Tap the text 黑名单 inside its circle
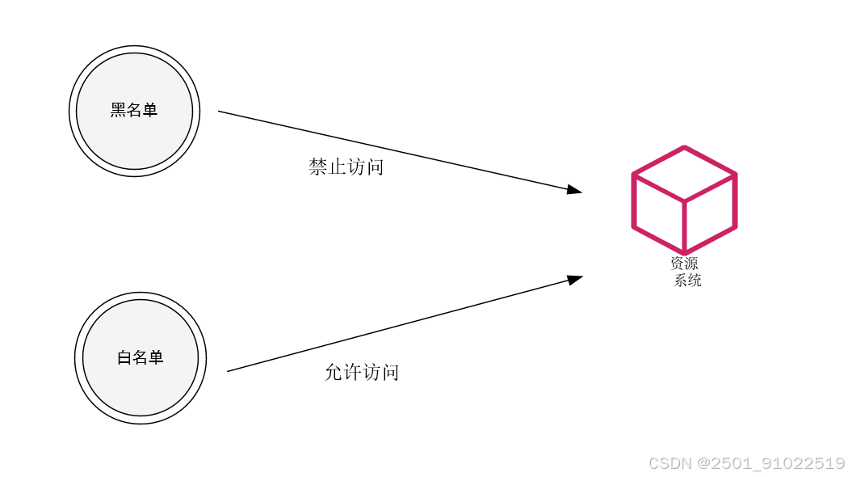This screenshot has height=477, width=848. (x=134, y=110)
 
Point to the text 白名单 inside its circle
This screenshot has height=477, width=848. (x=141, y=357)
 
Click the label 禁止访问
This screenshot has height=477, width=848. (x=346, y=167)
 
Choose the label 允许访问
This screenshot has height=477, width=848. (x=361, y=373)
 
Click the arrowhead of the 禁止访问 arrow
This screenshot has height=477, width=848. (x=575, y=190)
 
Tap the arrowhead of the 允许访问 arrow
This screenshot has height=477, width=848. (x=575, y=279)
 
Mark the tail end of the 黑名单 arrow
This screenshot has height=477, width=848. (x=220, y=112)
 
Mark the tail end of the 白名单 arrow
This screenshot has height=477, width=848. (x=229, y=371)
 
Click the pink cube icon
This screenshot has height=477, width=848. (x=684, y=200)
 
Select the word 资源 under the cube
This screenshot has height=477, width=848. (x=683, y=264)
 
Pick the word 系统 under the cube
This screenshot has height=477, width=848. (x=687, y=281)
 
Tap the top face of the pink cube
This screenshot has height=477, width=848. (x=684, y=174)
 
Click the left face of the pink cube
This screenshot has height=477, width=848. (x=658, y=212)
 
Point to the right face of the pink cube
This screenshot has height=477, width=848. (x=710, y=212)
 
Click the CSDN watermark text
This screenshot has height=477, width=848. (x=670, y=463)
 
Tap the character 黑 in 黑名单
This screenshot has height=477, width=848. (x=119, y=110)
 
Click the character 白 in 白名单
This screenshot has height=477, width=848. (x=124, y=357)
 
